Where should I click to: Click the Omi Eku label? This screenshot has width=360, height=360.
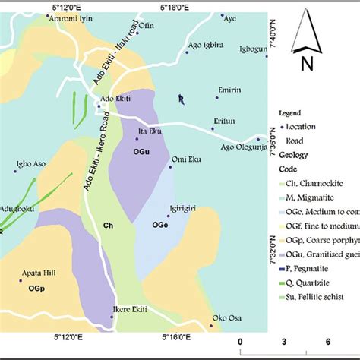[186, 159]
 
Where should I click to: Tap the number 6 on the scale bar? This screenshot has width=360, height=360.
[327, 341]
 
